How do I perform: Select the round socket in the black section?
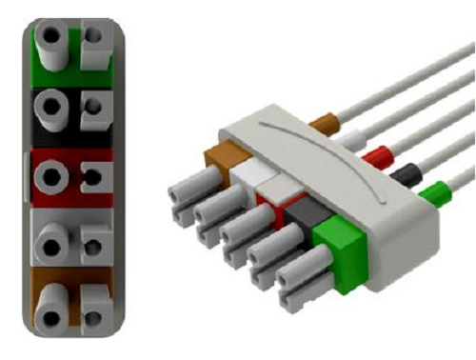(50, 106)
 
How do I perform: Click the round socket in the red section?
(50, 173)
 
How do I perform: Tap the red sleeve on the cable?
(379, 152)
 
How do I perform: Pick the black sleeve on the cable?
(408, 173)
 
